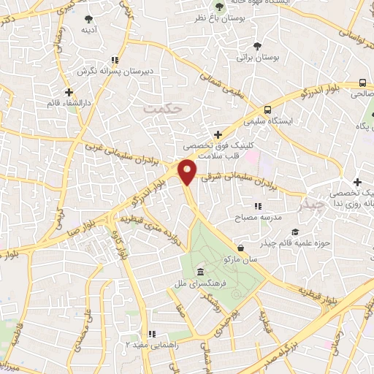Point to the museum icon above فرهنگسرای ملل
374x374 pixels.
[x=201, y=273]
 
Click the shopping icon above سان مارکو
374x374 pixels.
[x=240, y=248]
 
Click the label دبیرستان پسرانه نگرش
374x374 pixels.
[x=113, y=72]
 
